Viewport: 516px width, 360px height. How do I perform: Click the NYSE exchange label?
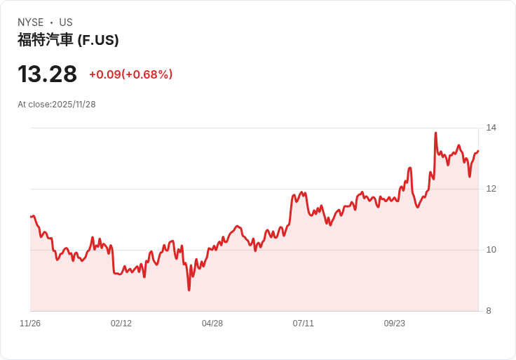pyautogui.click(x=31, y=22)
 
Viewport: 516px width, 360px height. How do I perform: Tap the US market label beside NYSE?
pyautogui.click(x=66, y=22)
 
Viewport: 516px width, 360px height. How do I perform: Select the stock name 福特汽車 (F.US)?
pyautogui.click(x=68, y=40)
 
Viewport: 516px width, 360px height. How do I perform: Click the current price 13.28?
pyautogui.click(x=47, y=74)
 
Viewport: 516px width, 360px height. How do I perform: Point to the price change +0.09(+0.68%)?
pyautogui.click(x=130, y=74)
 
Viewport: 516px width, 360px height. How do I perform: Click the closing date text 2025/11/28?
pyautogui.click(x=74, y=105)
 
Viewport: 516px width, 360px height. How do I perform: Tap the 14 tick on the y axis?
pyautogui.click(x=491, y=128)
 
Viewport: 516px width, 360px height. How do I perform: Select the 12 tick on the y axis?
pyautogui.click(x=491, y=189)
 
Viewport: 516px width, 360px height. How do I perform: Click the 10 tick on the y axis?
pyautogui.click(x=491, y=250)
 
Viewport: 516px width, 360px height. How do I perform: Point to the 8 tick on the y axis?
pyautogui.click(x=489, y=311)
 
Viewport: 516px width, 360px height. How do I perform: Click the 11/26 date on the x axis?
pyautogui.click(x=30, y=324)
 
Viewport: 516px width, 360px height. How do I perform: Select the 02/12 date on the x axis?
pyautogui.click(x=121, y=324)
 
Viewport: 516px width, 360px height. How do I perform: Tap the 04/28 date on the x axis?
pyautogui.click(x=212, y=324)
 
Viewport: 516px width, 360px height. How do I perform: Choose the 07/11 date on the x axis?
pyautogui.click(x=304, y=324)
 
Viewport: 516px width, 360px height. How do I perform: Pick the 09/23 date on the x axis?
pyautogui.click(x=395, y=324)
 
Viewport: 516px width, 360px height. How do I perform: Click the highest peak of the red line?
pyautogui.click(x=435, y=133)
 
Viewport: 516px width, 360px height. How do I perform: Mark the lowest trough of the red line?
pyautogui.click(x=189, y=290)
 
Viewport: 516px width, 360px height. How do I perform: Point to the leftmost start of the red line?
pyautogui.click(x=31, y=216)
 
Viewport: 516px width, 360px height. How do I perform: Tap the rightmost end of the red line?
pyautogui.click(x=478, y=151)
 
